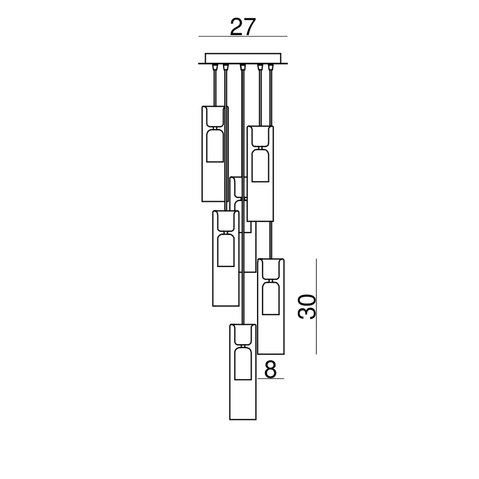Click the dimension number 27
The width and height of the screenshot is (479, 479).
pyautogui.click(x=243, y=27)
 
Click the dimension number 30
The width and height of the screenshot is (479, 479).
pyautogui.click(x=307, y=307)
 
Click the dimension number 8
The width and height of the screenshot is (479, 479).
pyautogui.click(x=270, y=369)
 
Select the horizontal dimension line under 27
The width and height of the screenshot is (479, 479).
pyautogui.click(x=243, y=37)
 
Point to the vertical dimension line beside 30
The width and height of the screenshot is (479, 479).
pyautogui.click(x=316, y=307)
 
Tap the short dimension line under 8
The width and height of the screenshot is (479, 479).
pyautogui.click(x=271, y=378)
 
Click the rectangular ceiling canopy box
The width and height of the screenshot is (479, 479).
pyautogui.click(x=243, y=58)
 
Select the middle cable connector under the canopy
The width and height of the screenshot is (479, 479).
pyautogui.click(x=243, y=67)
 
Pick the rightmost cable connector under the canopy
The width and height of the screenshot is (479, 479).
pyautogui.click(x=271, y=67)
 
